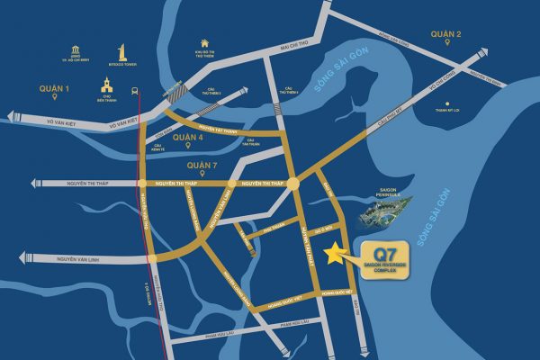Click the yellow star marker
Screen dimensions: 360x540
[337, 255]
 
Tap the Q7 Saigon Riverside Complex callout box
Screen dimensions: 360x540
[391, 259]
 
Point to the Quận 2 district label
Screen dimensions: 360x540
[446, 34]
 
